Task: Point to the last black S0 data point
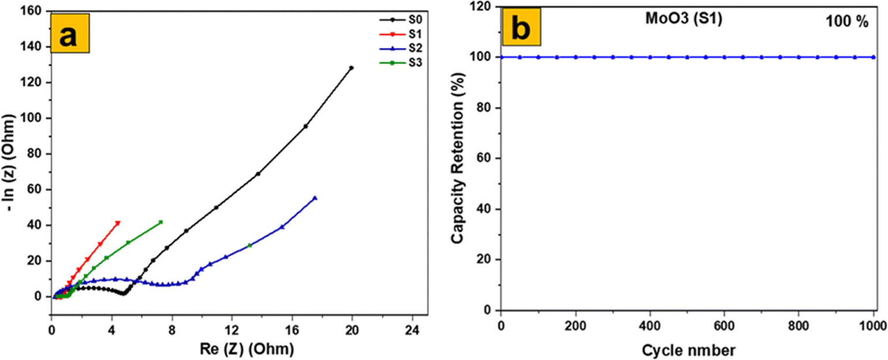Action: [351, 67]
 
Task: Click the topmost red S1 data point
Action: [118, 223]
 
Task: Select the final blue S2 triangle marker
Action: [315, 198]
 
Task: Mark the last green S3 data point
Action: [161, 222]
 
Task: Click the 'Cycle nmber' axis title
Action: [686, 349]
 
